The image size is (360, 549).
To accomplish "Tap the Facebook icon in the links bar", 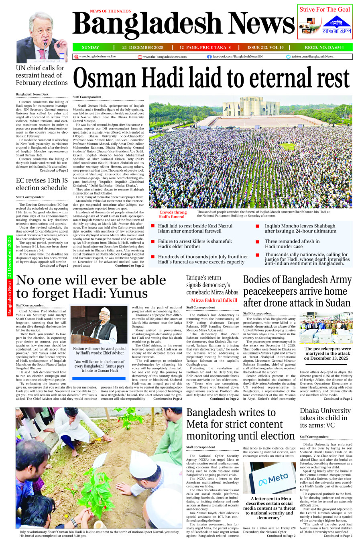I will coord(209,57).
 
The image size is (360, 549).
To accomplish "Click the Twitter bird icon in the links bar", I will coord(288,57).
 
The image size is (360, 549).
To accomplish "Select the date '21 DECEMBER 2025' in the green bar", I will coord(143,47).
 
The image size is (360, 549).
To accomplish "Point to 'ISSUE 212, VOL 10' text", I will coord(265,47).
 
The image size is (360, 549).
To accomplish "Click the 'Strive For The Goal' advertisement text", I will coord(325,10).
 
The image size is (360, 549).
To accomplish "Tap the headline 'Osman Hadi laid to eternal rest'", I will coord(211,78).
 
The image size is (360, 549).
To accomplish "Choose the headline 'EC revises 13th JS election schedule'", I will coord(42,184).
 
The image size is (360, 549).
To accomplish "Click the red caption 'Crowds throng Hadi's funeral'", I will coord(173,215).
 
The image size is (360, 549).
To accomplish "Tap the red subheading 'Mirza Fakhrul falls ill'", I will coord(214,300).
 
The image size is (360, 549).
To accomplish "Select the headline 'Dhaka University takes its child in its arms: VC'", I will coord(325,418).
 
